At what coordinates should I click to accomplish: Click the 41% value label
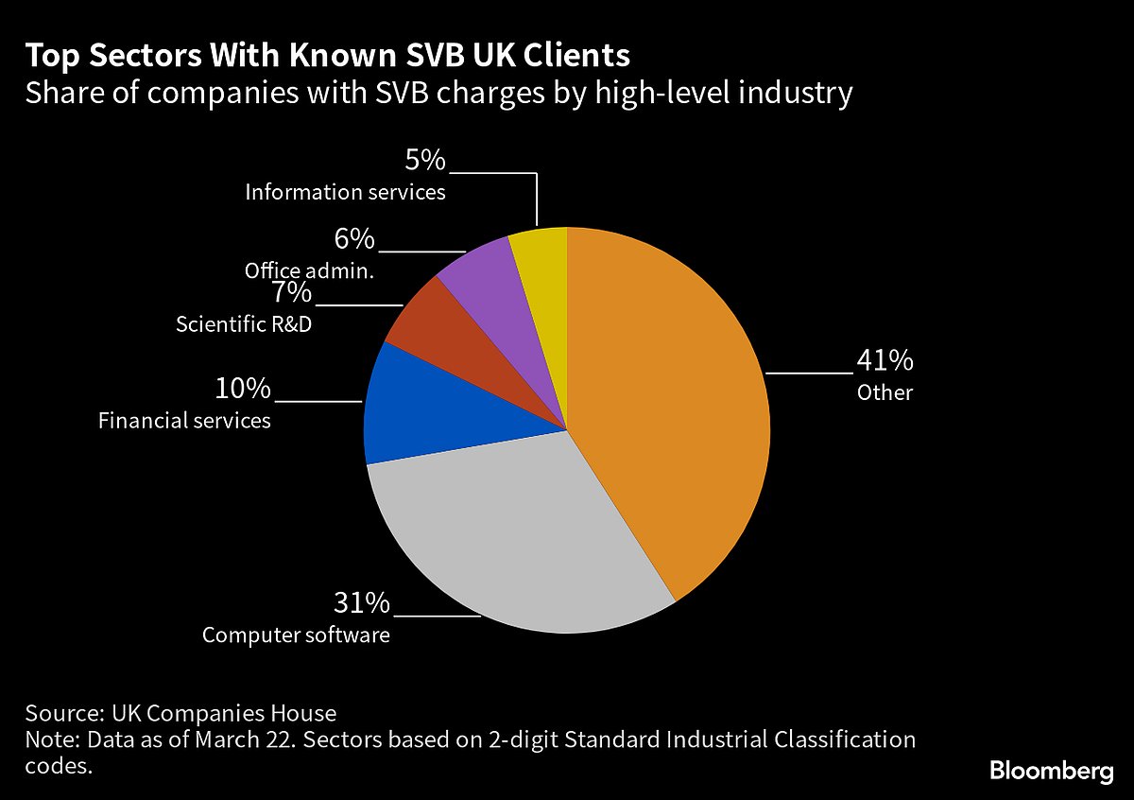point(885,361)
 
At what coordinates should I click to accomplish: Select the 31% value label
point(360,603)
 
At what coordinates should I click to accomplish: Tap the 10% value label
point(243,389)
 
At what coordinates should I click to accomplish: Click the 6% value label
point(354,239)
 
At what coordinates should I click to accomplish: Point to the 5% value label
point(424,161)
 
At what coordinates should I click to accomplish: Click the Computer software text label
point(296,635)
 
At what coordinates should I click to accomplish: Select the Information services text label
point(345,192)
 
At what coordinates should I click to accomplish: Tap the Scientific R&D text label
point(243,324)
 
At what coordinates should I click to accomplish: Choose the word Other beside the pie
point(885,392)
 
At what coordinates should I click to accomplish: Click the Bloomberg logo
point(1051,771)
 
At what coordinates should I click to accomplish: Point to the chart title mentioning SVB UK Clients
point(327,56)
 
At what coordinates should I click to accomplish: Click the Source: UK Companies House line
point(180,713)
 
